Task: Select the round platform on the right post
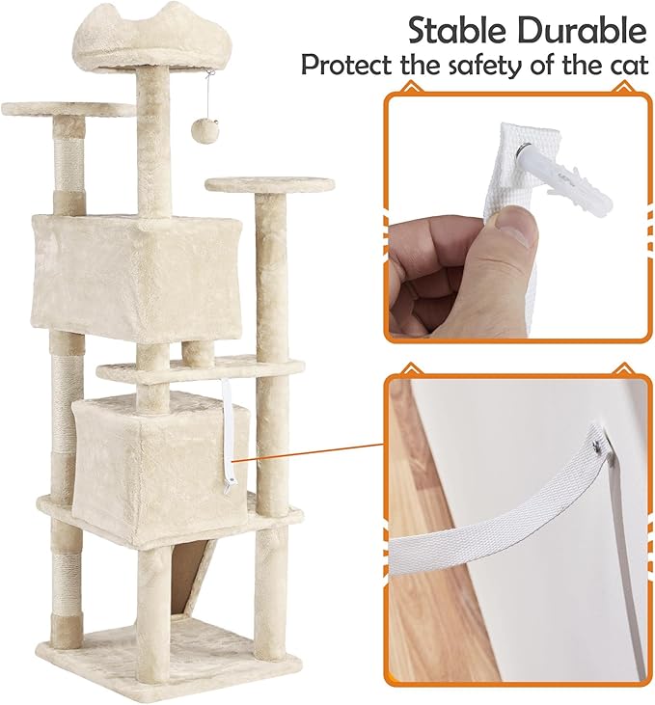(x=269, y=184)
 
